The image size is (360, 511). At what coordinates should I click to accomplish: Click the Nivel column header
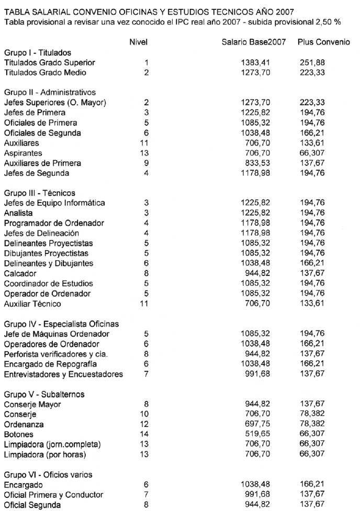(138, 41)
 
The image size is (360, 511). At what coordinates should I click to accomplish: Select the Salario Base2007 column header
(254, 41)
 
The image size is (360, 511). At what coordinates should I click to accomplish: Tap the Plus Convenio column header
(324, 41)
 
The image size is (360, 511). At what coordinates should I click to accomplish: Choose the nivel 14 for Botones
(146, 435)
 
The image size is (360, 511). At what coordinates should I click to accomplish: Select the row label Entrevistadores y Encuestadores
(63, 374)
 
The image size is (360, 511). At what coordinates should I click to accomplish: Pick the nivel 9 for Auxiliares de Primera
(146, 163)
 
